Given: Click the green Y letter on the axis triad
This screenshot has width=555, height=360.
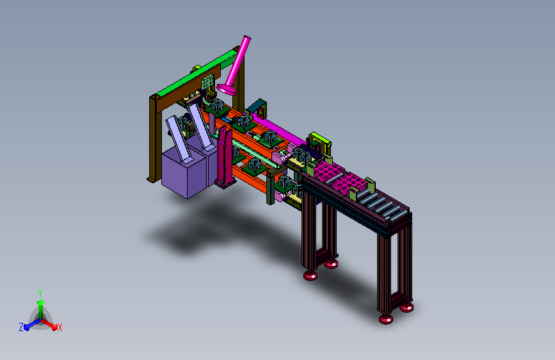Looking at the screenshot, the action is (x=40, y=293).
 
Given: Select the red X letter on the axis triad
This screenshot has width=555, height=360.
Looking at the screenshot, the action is (x=60, y=328).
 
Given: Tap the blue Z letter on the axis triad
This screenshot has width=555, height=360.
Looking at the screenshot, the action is (x=21, y=327).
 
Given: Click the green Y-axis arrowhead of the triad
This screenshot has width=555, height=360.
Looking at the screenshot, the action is (x=41, y=302).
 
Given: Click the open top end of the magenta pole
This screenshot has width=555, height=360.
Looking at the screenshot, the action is (x=247, y=37).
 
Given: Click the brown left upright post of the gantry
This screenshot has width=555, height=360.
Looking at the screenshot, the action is (x=153, y=139).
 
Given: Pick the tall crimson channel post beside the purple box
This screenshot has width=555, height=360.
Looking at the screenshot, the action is (x=223, y=158).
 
